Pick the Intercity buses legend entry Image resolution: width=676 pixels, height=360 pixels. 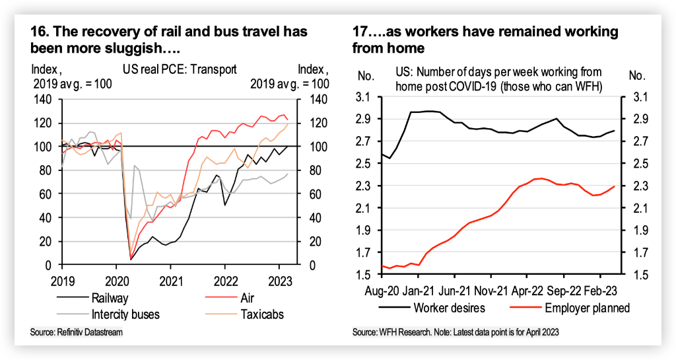click(x=125, y=314)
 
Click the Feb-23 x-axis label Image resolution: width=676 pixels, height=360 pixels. click(x=601, y=290)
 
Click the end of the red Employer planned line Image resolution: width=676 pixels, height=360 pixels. click(x=615, y=186)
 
